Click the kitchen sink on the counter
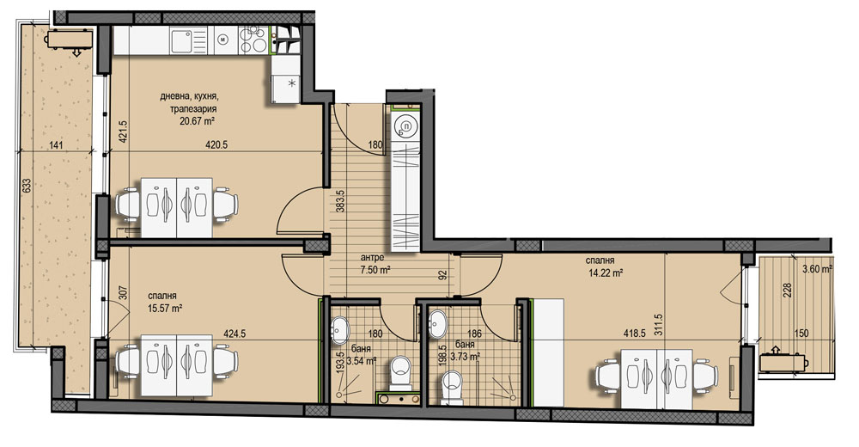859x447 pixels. (x=181, y=40)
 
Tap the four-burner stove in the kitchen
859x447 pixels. (x=254, y=40)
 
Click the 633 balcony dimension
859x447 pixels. (x=26, y=187)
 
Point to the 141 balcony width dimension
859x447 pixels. (x=56, y=145)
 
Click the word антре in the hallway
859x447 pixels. (x=372, y=257)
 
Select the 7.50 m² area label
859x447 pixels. (x=375, y=269)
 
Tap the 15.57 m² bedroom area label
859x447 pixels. (x=165, y=309)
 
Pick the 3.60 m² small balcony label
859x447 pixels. (x=817, y=269)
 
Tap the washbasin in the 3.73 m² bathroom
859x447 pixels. (x=438, y=324)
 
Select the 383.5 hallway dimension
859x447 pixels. (x=340, y=201)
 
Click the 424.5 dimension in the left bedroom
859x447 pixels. (x=234, y=333)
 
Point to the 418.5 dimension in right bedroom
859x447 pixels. (x=635, y=333)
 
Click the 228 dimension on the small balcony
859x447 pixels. (x=789, y=289)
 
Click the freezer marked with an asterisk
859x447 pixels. (x=286, y=83)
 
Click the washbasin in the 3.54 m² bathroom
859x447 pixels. (x=341, y=329)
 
